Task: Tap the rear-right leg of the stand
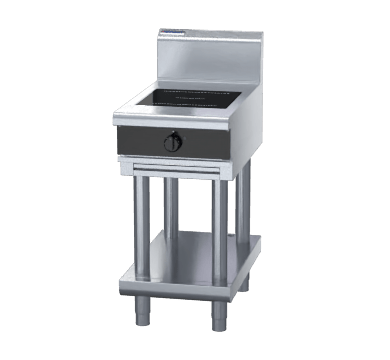click(x=244, y=200)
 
